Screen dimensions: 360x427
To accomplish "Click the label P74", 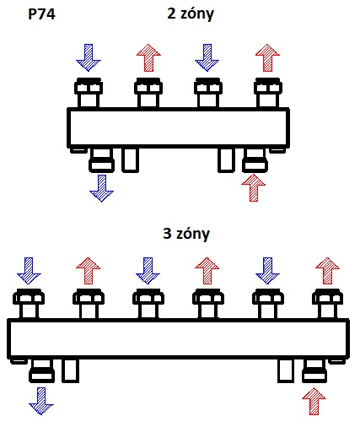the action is [x=41, y=14].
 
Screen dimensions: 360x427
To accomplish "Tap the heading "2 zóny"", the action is [x=191, y=14].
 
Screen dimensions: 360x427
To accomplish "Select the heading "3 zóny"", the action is [x=186, y=234].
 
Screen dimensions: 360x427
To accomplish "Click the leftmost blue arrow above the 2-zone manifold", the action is [x=89, y=57].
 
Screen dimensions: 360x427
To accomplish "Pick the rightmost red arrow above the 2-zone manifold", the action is [x=267, y=57].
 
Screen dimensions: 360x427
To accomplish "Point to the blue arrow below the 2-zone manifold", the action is [x=102, y=188].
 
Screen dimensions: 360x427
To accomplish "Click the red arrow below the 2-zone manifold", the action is [x=254, y=187].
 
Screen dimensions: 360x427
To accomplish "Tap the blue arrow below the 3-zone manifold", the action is [x=41, y=401].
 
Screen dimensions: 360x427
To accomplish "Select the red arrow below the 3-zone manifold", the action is [x=314, y=401].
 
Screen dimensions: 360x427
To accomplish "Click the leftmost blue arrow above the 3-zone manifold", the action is [x=29, y=271].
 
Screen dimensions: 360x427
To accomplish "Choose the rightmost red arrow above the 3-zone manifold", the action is [x=327, y=271].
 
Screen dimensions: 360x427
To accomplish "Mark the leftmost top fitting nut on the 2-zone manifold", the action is [x=89, y=86].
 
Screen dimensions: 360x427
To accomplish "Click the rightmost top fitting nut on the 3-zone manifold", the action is [x=327, y=297].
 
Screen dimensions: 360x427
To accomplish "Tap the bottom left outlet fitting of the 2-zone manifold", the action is [x=101, y=160].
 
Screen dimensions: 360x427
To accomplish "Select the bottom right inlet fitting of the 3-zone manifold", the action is [x=314, y=371].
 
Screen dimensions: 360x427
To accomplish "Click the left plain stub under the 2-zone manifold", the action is [x=131, y=160].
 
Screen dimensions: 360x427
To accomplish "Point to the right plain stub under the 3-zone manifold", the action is [x=286, y=371].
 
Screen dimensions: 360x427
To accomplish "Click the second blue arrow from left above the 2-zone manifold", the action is [x=207, y=57].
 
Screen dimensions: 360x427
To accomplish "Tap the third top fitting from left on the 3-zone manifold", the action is [x=148, y=304].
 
